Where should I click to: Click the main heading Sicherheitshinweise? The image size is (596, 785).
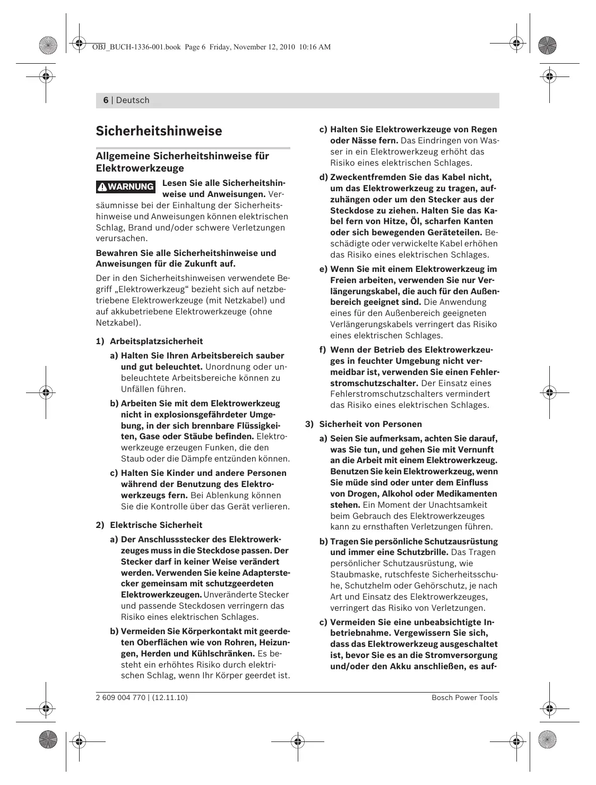(x=159, y=131)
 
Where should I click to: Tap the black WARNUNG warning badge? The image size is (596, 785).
(x=126, y=186)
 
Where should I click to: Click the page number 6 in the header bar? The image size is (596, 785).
(x=106, y=100)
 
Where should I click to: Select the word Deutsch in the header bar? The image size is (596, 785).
(x=133, y=100)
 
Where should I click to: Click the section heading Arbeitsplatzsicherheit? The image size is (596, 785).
(x=156, y=342)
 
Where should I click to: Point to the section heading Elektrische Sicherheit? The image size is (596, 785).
(x=156, y=525)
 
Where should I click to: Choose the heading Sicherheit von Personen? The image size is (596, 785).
(x=370, y=424)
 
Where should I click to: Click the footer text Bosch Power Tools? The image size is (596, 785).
(x=464, y=697)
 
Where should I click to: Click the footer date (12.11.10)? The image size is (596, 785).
(x=170, y=697)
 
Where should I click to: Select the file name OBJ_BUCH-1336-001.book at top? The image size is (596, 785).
(x=136, y=47)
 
